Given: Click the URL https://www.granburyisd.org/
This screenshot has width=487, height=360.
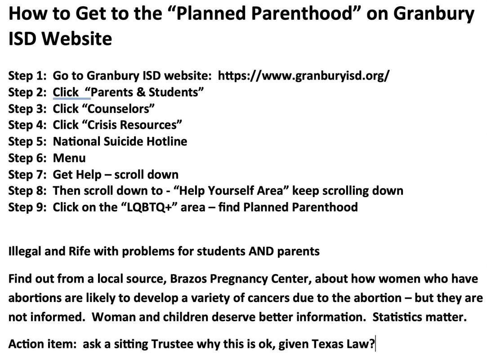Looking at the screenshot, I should (304, 76).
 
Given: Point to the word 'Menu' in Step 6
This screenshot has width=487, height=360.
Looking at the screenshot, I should (69, 158).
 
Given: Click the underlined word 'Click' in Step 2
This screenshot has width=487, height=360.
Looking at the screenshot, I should (66, 92).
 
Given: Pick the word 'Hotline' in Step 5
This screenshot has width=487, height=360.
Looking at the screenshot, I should (166, 141).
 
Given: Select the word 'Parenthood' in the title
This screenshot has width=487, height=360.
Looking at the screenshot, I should (304, 14).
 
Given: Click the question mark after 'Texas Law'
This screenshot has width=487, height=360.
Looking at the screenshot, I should (372, 344).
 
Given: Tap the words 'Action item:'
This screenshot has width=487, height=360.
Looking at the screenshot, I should (42, 344).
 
